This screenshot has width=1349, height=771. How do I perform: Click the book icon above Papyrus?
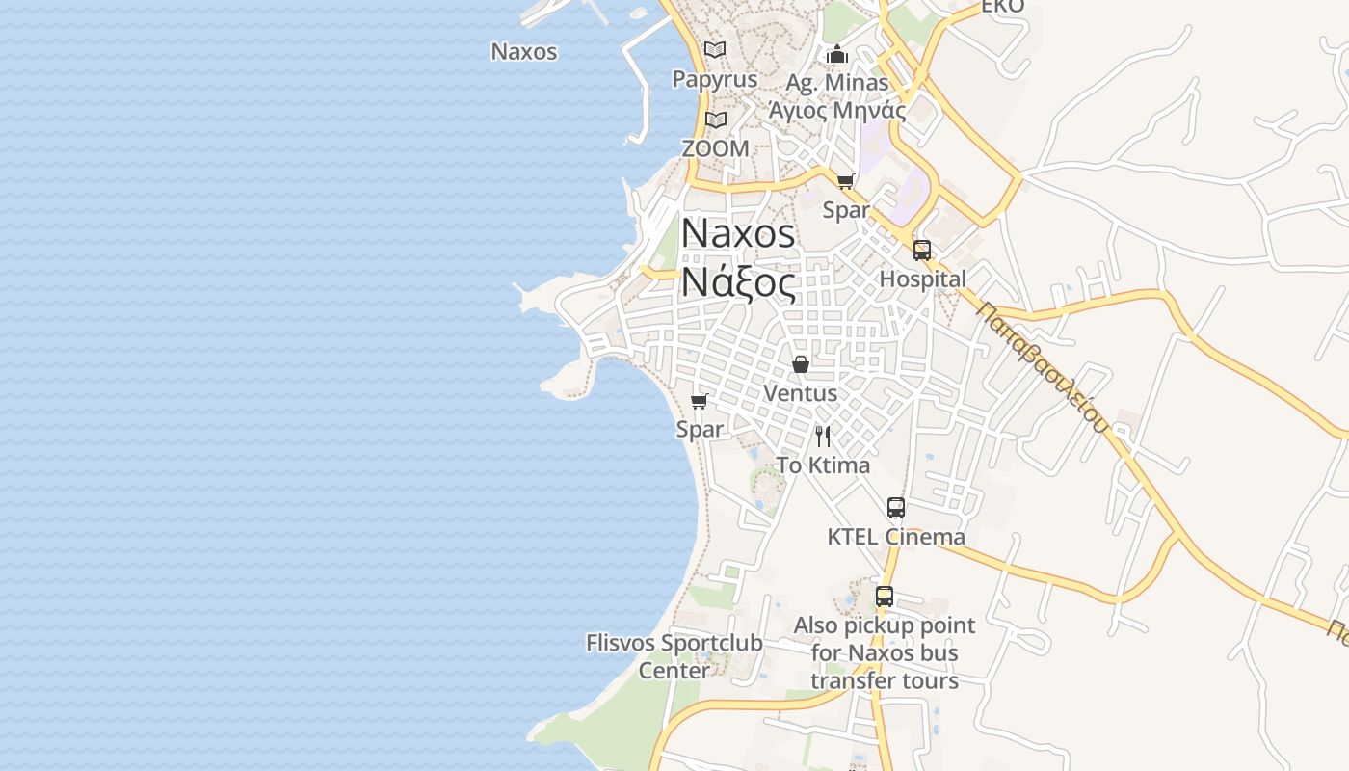point(715,49)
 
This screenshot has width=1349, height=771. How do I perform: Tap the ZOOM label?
point(715,148)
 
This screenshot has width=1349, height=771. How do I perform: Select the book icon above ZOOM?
point(715,120)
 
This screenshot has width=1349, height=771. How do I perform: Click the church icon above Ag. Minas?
point(837,54)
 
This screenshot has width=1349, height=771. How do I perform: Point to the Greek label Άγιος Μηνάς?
point(837,110)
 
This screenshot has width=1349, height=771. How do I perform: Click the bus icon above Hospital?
point(922,251)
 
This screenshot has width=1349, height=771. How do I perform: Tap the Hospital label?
point(922,279)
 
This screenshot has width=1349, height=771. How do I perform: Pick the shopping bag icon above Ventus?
point(800,364)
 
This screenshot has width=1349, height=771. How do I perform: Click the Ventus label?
point(800,393)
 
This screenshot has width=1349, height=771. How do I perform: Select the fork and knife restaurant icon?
point(823,437)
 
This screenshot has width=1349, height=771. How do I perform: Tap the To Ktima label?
point(823,465)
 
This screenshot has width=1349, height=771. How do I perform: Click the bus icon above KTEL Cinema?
point(896,508)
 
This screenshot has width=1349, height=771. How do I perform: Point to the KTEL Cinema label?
point(896,537)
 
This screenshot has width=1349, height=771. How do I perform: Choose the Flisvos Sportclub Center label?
point(674,656)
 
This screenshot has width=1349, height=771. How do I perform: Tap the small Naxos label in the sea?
point(524,52)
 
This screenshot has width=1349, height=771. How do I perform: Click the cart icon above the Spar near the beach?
point(700,401)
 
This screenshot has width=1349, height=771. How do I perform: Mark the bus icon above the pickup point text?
point(885,597)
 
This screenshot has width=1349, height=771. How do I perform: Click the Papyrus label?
point(715,79)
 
